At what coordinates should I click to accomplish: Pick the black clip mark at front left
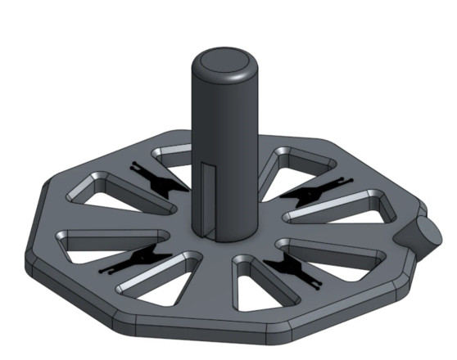136,258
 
